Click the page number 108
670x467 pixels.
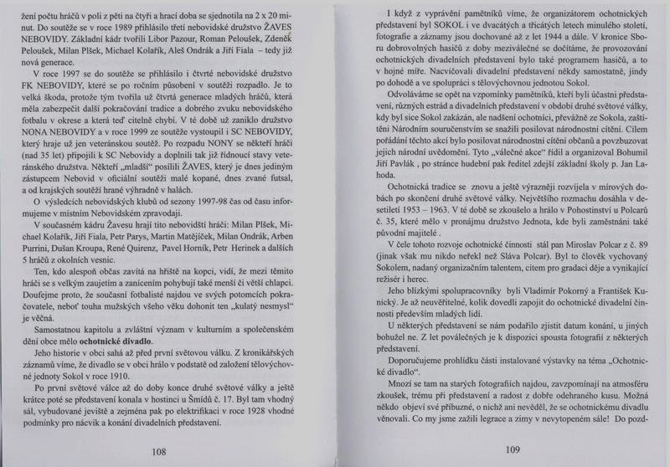click(x=158, y=451)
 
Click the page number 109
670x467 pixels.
click(x=513, y=449)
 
